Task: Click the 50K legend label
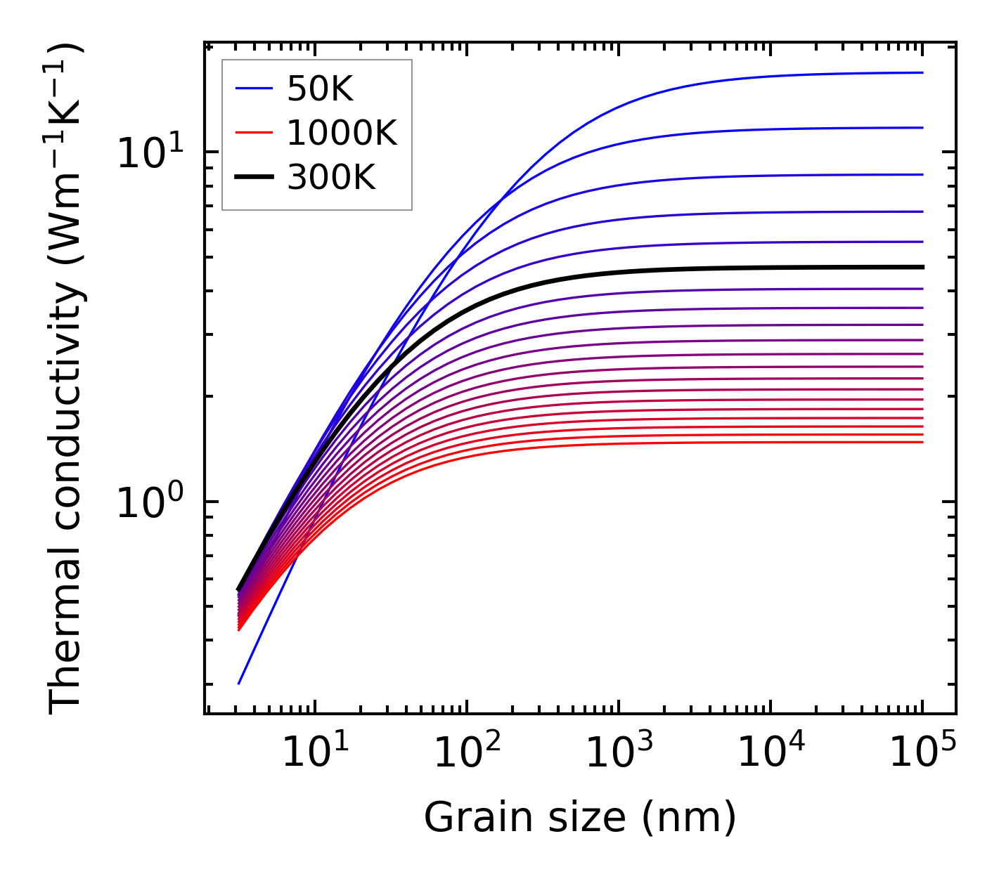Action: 319,89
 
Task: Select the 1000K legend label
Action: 342,133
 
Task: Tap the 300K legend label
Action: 331,178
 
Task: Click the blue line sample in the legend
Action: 253,89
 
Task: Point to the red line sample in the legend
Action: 253,133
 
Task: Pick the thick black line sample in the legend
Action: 253,178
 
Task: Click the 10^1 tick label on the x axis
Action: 314,753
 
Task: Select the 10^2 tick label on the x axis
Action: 467,753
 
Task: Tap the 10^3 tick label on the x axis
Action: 619,753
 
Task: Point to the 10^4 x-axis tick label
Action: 771,753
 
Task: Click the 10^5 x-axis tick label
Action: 922,753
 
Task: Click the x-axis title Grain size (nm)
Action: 580,818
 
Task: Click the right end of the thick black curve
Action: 922,267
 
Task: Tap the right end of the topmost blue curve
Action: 922,72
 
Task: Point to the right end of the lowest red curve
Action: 922,442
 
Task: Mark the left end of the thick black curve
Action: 239,589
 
